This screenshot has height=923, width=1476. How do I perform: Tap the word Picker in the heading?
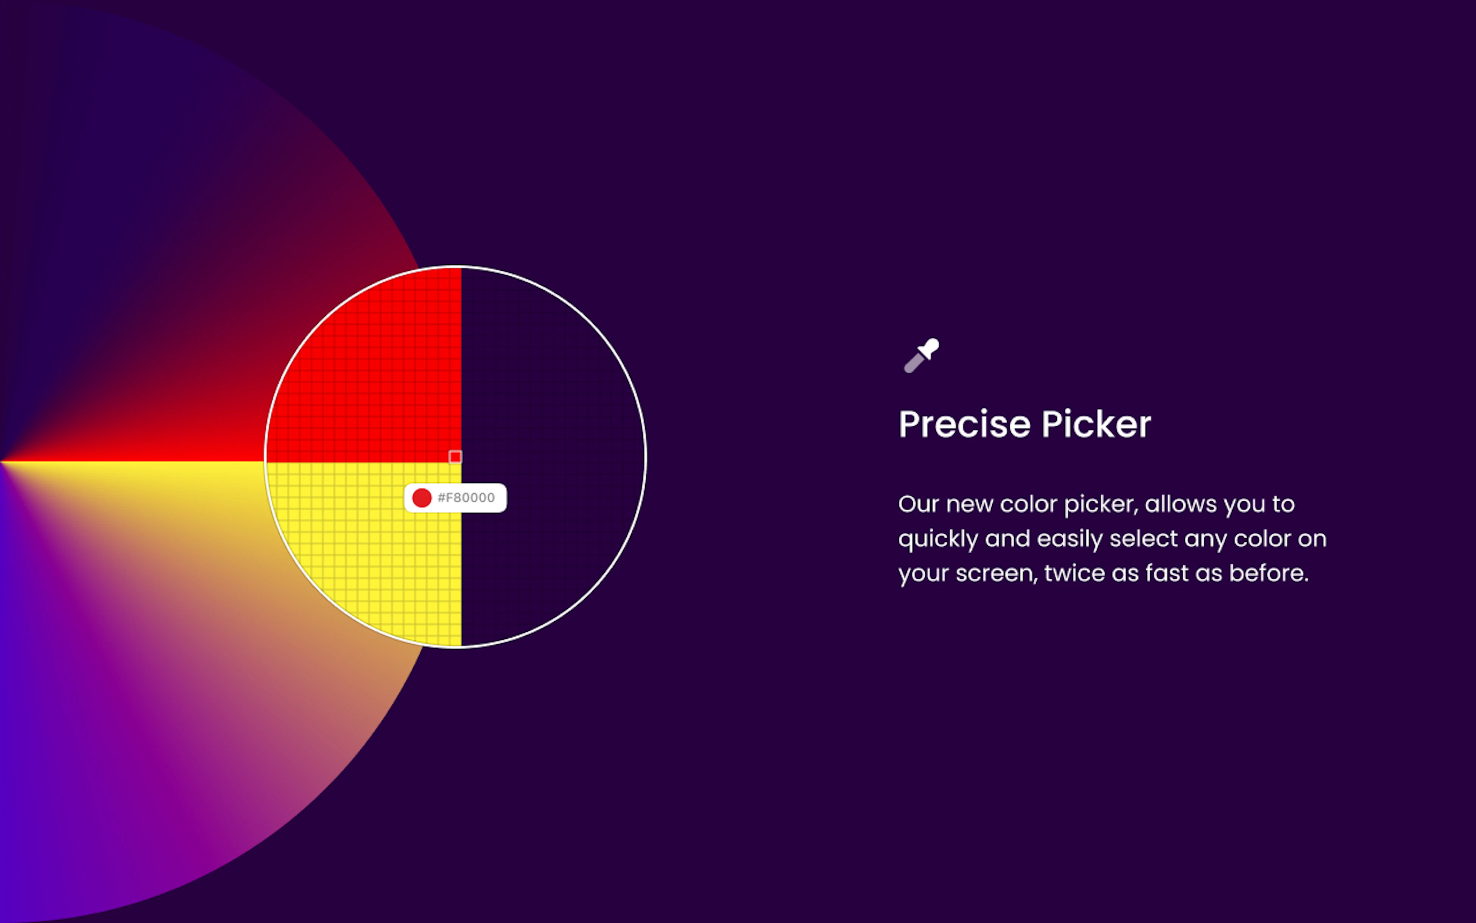1096,424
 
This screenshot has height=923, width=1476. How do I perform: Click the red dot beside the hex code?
422,498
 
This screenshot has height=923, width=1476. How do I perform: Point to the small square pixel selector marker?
455,457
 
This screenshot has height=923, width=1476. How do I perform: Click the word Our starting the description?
918,505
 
